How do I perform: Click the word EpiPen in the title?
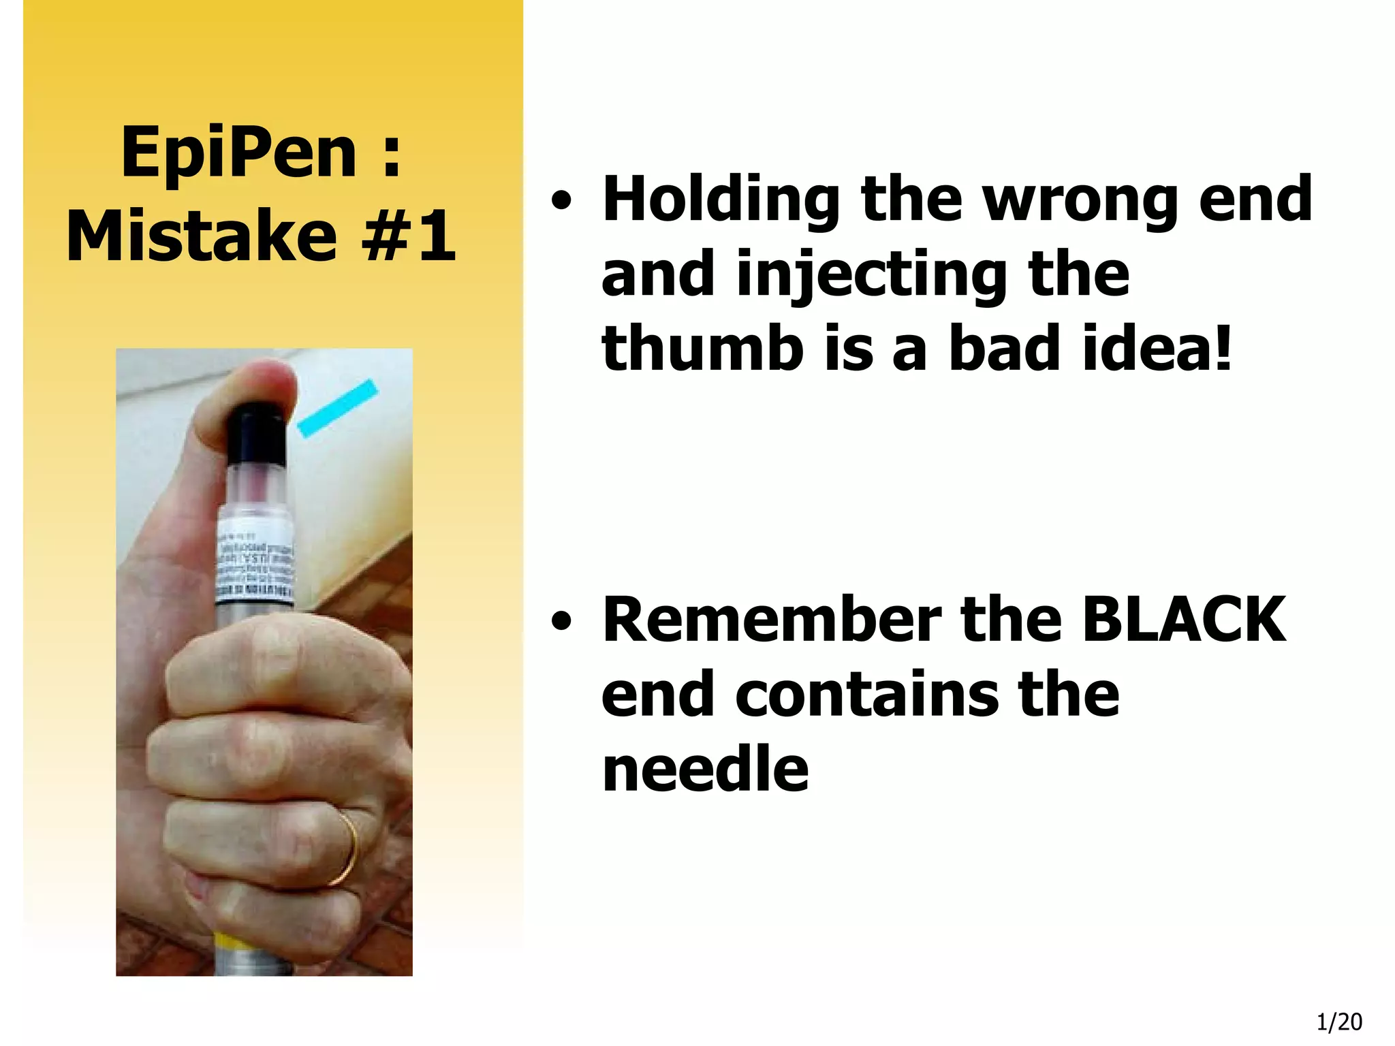click(x=238, y=154)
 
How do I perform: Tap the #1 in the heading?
click(x=409, y=236)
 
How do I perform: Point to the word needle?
click(x=706, y=770)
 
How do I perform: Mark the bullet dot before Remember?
click(x=561, y=622)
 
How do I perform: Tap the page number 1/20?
click(x=1339, y=1022)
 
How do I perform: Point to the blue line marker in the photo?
click(x=337, y=407)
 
